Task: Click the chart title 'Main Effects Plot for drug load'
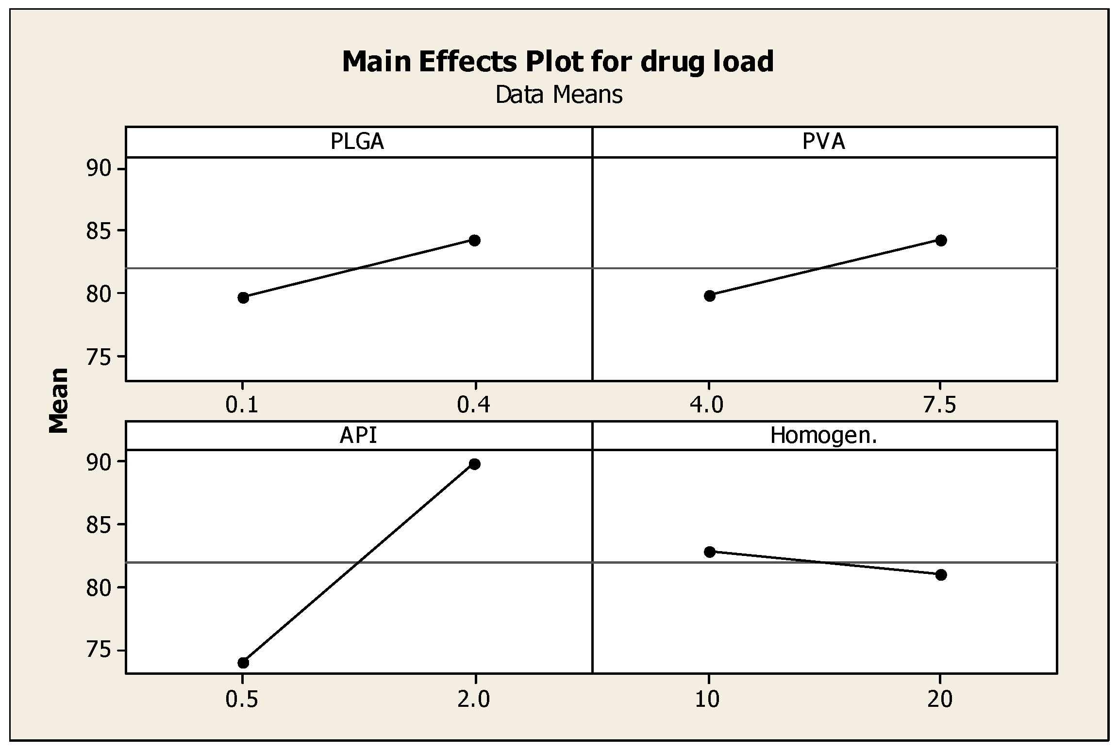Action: click(x=558, y=62)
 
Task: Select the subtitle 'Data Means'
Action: click(x=559, y=95)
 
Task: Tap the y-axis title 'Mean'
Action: click(x=59, y=401)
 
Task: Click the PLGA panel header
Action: click(x=358, y=142)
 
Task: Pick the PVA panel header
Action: click(x=824, y=142)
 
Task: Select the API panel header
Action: click(x=358, y=436)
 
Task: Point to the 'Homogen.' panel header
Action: click(x=824, y=436)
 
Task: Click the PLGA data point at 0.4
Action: click(x=475, y=240)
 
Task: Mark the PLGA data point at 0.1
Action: click(x=243, y=298)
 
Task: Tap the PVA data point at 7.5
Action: click(x=941, y=240)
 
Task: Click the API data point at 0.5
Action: click(x=243, y=663)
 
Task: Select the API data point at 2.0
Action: click(x=475, y=464)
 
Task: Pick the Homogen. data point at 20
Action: click(x=941, y=575)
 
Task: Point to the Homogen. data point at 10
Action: click(x=710, y=552)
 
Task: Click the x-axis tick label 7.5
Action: click(x=940, y=406)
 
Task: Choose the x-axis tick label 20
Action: click(x=940, y=700)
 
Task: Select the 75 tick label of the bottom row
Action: click(x=99, y=651)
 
